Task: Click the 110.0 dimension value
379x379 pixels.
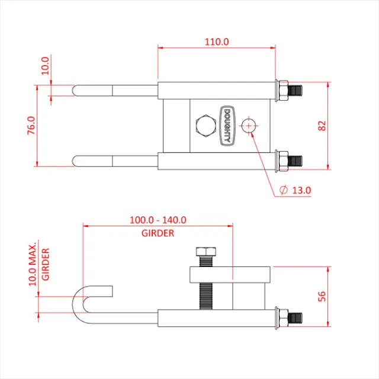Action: [x=216, y=41]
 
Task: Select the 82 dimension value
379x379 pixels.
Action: [x=322, y=126]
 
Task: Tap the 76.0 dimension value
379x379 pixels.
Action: [x=31, y=126]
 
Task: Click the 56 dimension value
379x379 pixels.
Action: [x=322, y=296]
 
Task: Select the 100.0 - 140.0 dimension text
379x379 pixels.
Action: [x=158, y=220]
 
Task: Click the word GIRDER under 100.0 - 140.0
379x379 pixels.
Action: [x=158, y=233]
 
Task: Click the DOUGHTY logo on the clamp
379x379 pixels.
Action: [x=227, y=126]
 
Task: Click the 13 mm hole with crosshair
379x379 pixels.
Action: [x=249, y=126]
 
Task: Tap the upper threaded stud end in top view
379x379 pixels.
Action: [x=294, y=91]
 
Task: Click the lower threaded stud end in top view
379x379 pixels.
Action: [x=294, y=160]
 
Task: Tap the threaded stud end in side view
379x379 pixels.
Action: [x=294, y=318]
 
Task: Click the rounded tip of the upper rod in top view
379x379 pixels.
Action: [x=76, y=91]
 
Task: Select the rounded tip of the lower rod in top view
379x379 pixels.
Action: [x=76, y=160]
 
